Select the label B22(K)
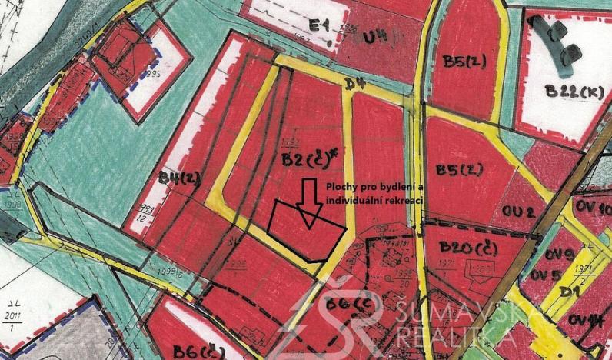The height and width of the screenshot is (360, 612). pos(574,90)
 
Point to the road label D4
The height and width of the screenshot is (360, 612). pos(354,82)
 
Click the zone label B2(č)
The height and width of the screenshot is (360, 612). pos(304,159)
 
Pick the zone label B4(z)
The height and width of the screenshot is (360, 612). pos(179,178)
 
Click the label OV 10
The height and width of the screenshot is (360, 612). pos(593,208)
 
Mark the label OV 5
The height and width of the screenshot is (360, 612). pos(544,275)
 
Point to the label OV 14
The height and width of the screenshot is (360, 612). pos(586,320)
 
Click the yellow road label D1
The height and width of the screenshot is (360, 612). pos(569,292)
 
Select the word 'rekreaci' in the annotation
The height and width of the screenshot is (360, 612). pos(407,199)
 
